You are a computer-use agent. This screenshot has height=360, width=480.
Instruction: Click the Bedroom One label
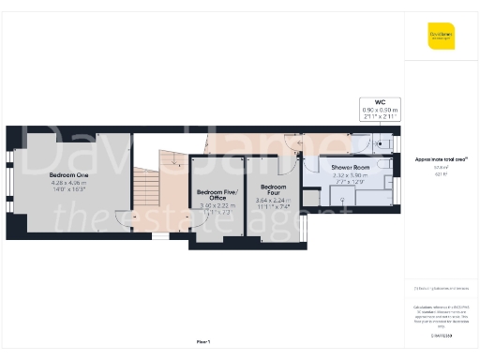69,175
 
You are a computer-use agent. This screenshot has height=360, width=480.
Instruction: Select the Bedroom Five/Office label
217,195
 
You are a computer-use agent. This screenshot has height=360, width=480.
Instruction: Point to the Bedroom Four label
273,188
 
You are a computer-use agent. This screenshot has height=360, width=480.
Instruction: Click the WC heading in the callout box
381,101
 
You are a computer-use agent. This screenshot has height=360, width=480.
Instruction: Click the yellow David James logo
441,38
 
